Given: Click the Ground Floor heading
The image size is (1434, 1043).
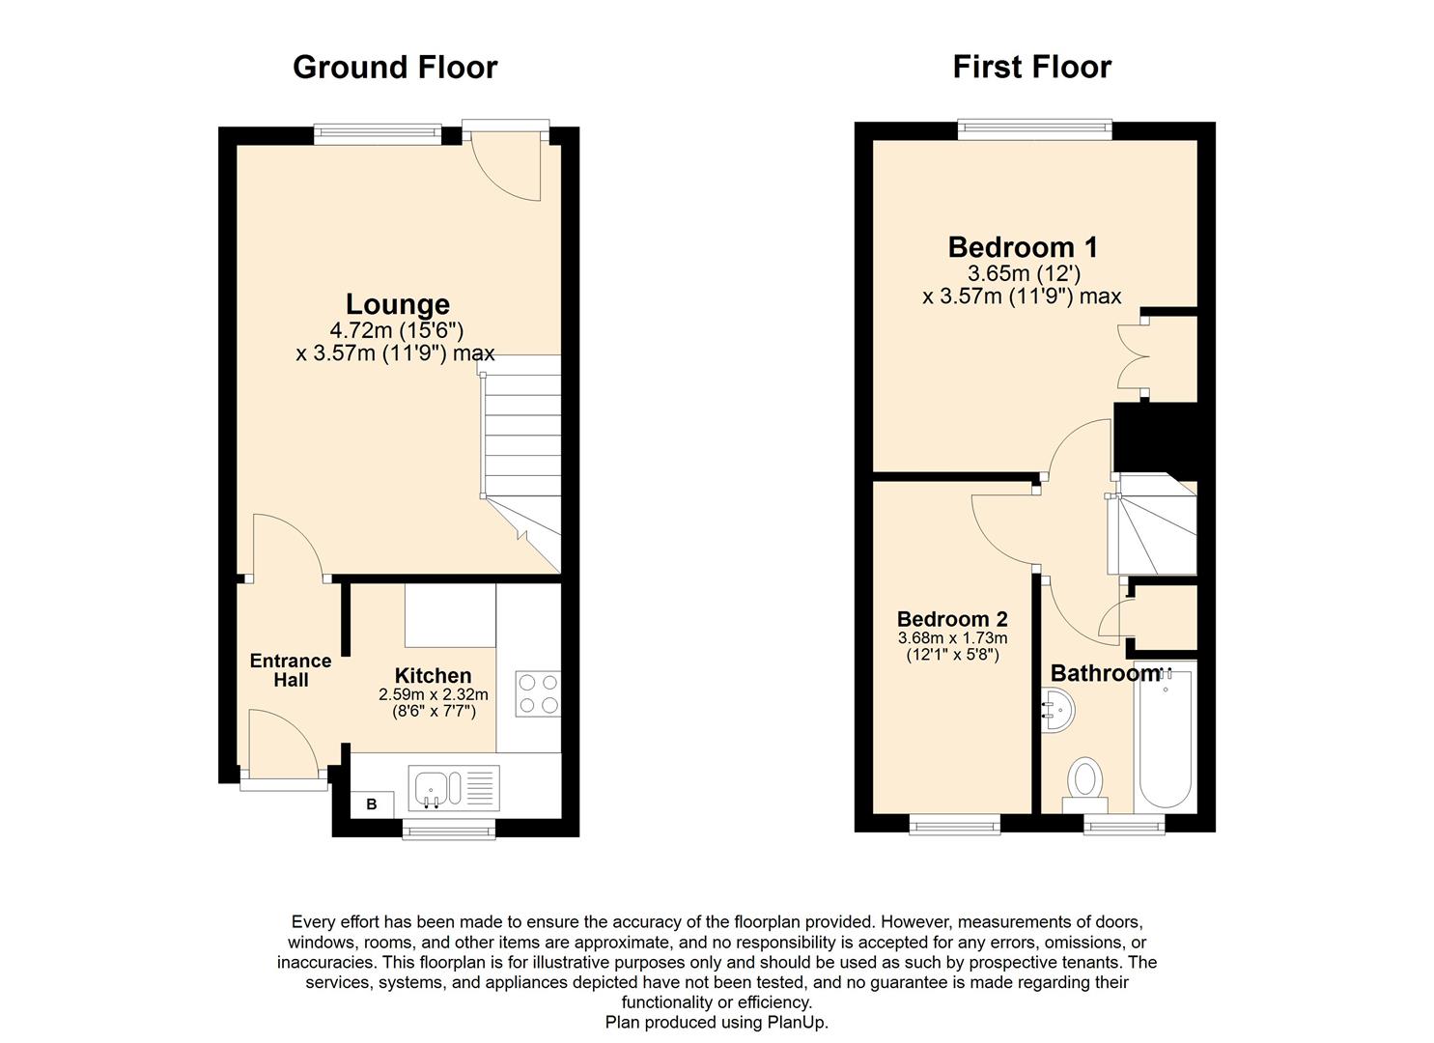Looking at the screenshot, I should tap(394, 67).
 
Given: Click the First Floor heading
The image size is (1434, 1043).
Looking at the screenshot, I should tap(1031, 67).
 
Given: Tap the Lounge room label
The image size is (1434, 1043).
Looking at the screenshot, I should tap(397, 304).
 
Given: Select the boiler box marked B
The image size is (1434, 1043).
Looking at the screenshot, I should tap(372, 803).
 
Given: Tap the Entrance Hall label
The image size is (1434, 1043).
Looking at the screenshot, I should tap(290, 670).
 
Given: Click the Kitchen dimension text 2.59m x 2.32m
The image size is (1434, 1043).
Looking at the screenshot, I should tap(433, 694).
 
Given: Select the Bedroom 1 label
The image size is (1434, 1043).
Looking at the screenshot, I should tap(1022, 247).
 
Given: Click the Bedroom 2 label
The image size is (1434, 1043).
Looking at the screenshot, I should tap(952, 619).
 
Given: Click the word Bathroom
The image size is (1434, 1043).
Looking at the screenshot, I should tap(1103, 673).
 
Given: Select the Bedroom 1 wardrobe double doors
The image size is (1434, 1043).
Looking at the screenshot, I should tap(1130, 356).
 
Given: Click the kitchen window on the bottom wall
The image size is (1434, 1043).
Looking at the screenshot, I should tap(448, 826).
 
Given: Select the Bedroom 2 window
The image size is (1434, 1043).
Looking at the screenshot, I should tap(954, 823).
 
